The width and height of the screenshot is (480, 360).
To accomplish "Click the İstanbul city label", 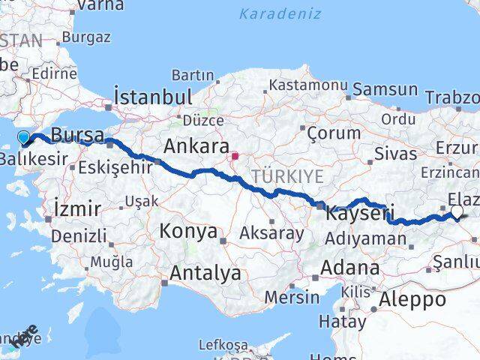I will click(153, 97).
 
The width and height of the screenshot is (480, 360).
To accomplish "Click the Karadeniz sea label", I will click(280, 13).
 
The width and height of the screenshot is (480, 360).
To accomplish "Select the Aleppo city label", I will click(412, 300).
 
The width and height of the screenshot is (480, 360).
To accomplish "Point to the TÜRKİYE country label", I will click(287, 176).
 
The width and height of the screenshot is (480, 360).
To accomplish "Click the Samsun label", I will click(385, 89).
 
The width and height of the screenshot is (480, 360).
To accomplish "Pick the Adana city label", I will click(349, 268).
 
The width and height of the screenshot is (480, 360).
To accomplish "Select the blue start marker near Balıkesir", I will click(24, 137).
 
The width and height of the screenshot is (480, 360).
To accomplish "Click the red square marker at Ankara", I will click(235, 157).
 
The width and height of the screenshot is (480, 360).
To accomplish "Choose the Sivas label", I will click(397, 154).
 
